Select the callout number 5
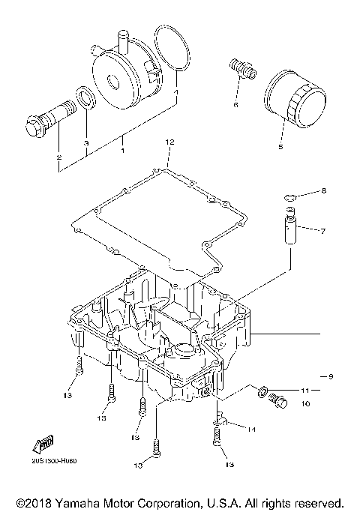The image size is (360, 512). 281,148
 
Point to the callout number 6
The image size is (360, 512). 235,105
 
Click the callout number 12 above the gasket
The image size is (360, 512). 169,141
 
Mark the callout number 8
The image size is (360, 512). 324,191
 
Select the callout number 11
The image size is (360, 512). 306,391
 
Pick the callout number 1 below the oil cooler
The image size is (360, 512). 121,151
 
